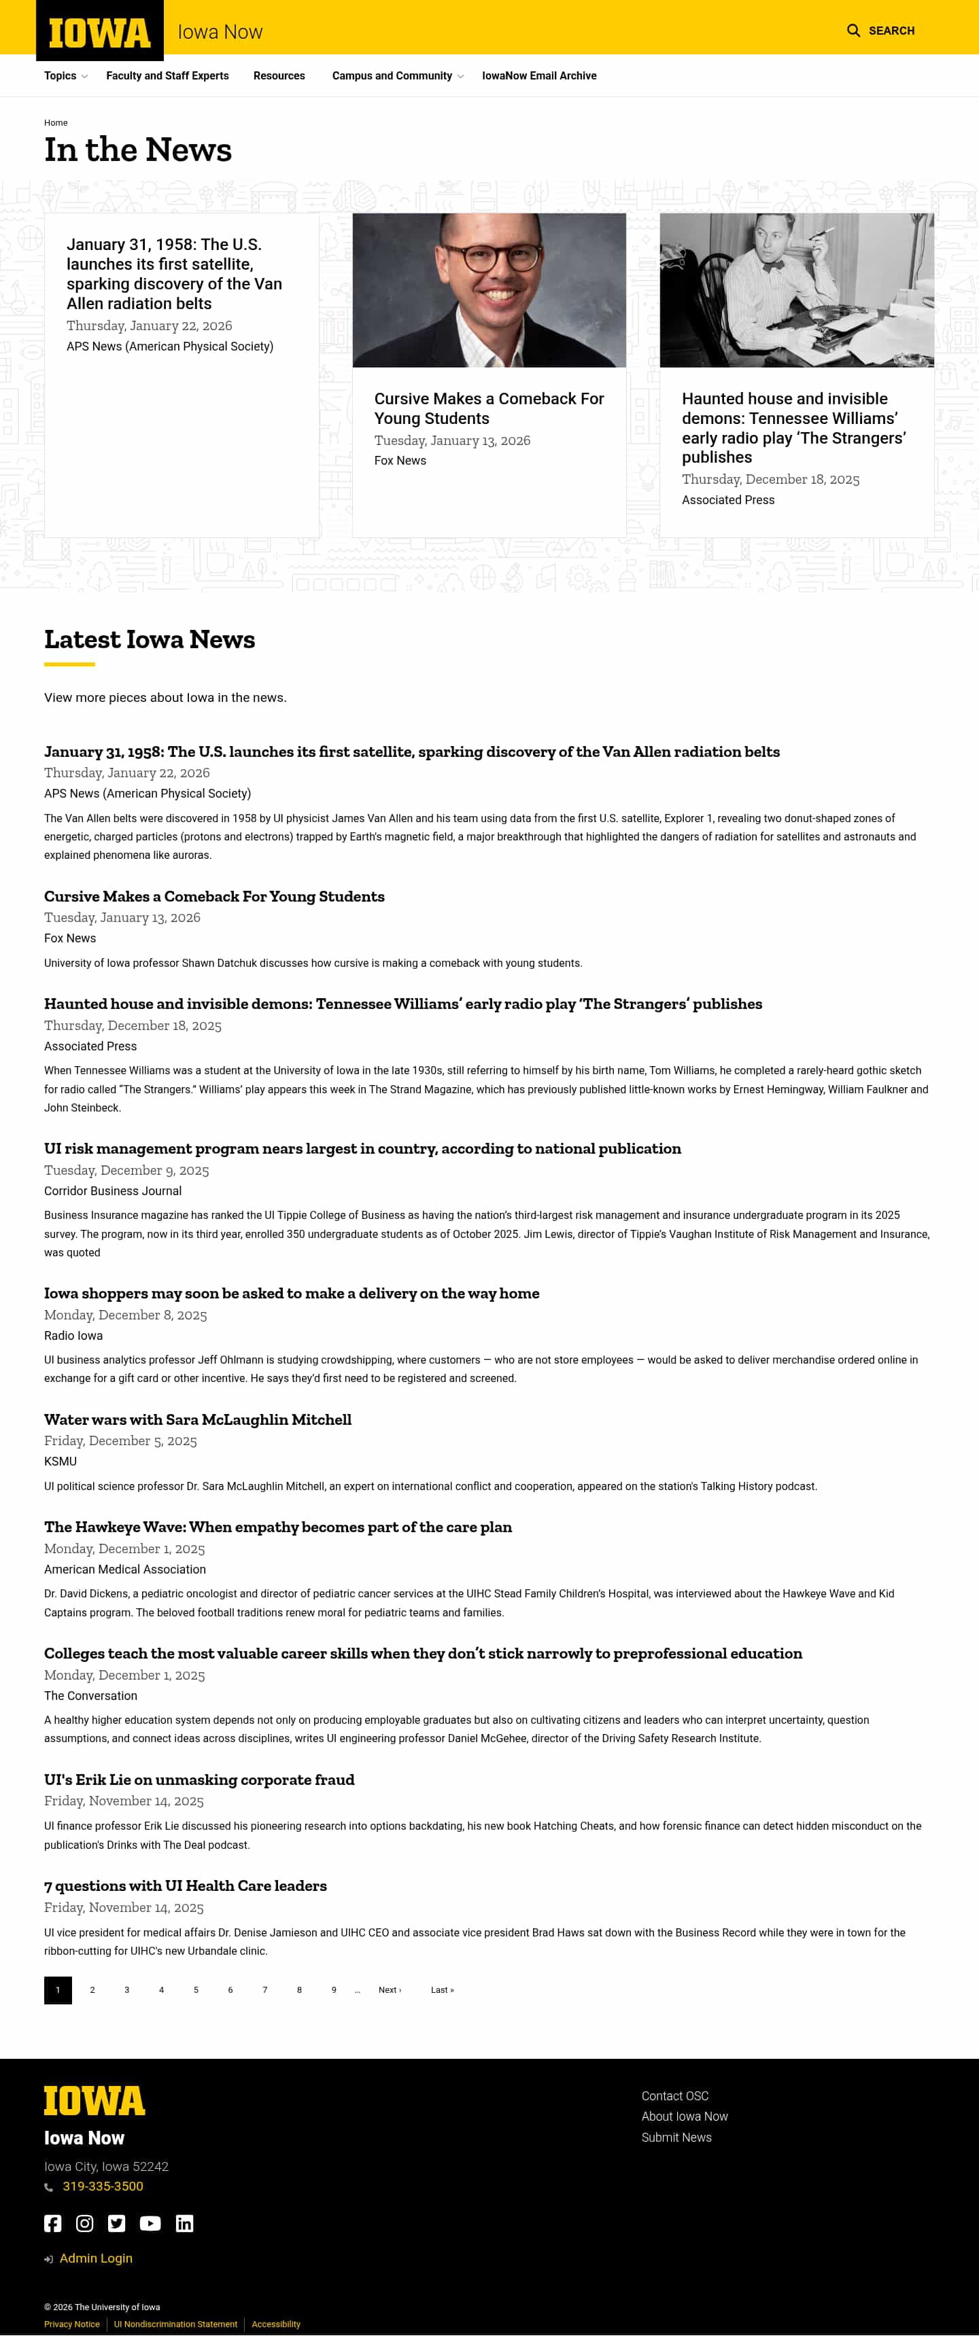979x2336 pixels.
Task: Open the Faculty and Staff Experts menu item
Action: pyautogui.click(x=167, y=76)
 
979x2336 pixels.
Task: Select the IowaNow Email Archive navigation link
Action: pyautogui.click(x=539, y=76)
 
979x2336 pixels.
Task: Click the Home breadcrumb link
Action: pyautogui.click(x=55, y=122)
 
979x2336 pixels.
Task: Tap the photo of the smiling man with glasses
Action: pyautogui.click(x=489, y=290)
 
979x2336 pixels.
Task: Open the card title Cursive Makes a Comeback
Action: pyautogui.click(x=488, y=408)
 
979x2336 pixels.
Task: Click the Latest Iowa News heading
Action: pyautogui.click(x=150, y=639)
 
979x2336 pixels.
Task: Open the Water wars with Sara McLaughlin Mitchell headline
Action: pyautogui.click(x=198, y=1419)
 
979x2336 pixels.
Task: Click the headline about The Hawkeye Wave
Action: pyautogui.click(x=277, y=1527)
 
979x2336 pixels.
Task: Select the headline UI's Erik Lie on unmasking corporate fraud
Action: pyautogui.click(x=199, y=1780)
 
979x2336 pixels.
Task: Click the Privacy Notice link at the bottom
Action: pyautogui.click(x=71, y=2324)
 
